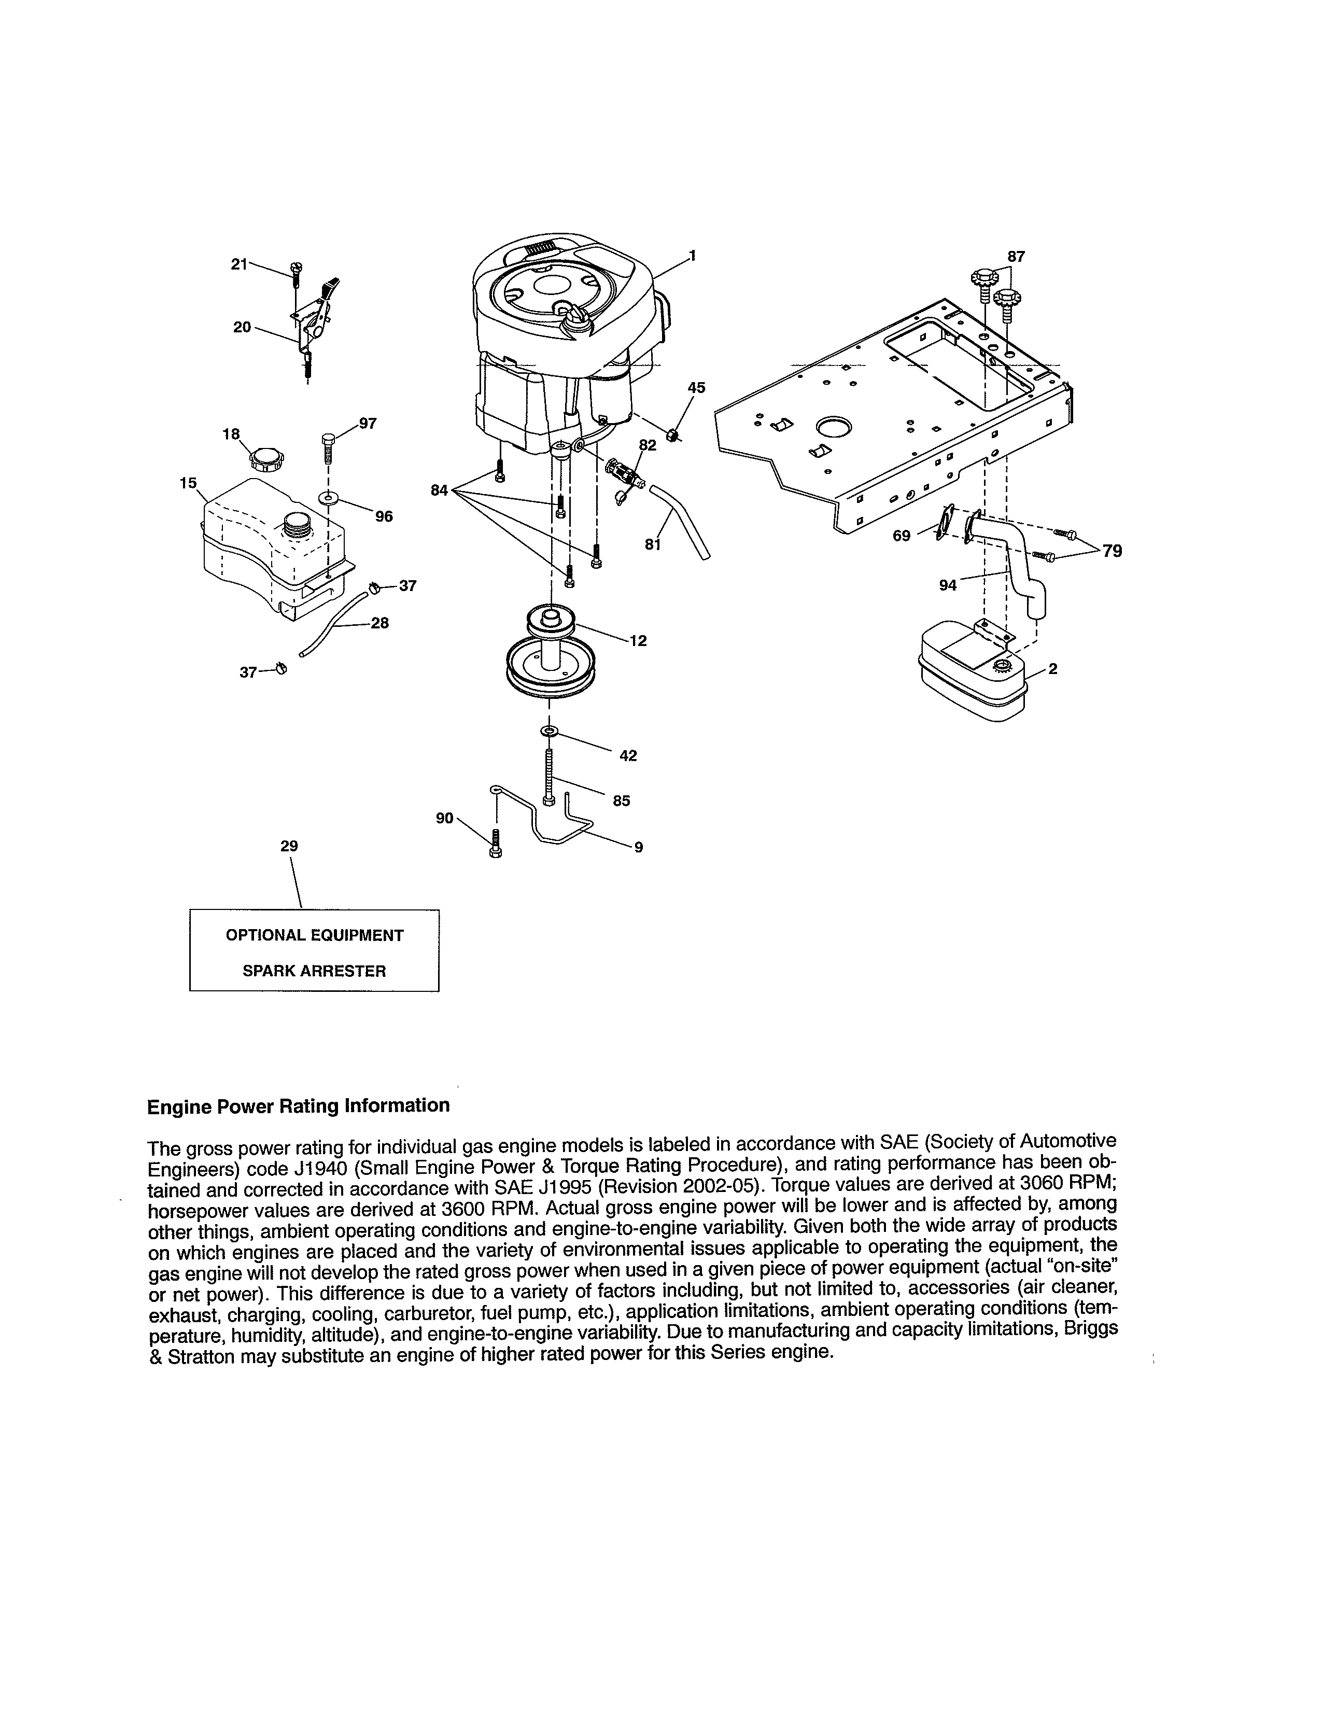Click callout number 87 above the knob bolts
pyautogui.click(x=1016, y=256)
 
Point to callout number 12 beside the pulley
pyautogui.click(x=638, y=641)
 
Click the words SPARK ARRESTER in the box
pyautogui.click(x=314, y=972)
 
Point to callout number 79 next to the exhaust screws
pyautogui.click(x=1112, y=552)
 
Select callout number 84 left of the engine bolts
pyautogui.click(x=439, y=490)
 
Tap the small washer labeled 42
pyautogui.click(x=549, y=731)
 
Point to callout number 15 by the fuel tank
pyautogui.click(x=188, y=483)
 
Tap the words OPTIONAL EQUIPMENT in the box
pyautogui.click(x=314, y=935)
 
